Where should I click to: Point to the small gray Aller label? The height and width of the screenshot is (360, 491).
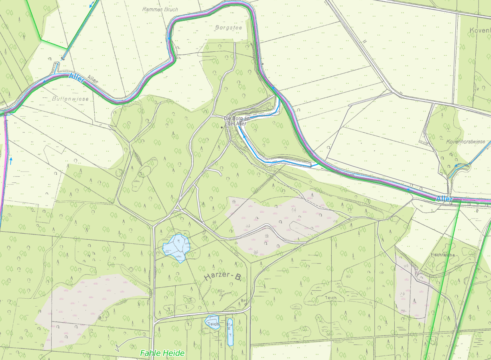(92, 81)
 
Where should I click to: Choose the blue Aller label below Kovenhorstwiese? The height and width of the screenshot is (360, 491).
(444, 199)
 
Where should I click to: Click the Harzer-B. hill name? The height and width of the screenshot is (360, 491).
(222, 277)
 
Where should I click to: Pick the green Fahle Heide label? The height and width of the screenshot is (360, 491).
(162, 353)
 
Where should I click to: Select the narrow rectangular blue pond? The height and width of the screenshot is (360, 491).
(230, 332)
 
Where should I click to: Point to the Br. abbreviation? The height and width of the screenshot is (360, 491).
(243, 300)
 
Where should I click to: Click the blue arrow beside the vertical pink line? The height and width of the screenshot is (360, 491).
(11, 160)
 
